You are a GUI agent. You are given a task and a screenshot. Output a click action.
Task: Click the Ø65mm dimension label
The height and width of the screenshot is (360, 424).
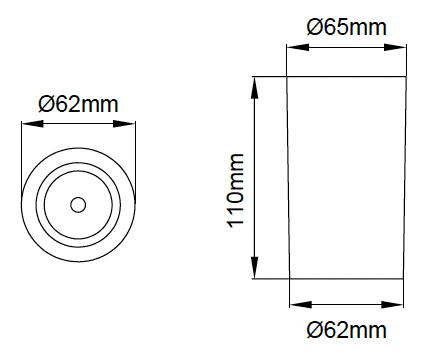pos(346,27)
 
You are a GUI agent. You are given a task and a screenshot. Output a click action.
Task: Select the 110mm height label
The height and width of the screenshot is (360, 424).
pos(236,191)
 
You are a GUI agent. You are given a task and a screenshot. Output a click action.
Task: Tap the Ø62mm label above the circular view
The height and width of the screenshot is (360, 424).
pos(78,104)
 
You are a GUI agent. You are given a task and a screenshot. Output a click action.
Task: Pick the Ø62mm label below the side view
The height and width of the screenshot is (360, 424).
pos(346,330)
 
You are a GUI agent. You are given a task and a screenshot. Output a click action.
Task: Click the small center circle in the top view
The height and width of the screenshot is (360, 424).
pos(78,205)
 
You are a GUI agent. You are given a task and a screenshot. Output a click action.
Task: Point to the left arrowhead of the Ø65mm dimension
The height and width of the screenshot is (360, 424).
pos(298,47)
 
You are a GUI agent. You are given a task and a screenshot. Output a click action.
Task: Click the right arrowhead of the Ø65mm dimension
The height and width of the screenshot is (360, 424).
pos(395,47)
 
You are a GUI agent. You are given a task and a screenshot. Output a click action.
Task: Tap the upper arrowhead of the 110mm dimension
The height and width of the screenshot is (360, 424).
pos(255,88)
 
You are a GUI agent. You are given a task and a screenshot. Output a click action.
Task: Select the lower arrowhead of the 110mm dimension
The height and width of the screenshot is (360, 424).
pos(255,267)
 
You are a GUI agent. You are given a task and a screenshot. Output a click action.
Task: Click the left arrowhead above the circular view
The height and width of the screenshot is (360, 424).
pos(33,124)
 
